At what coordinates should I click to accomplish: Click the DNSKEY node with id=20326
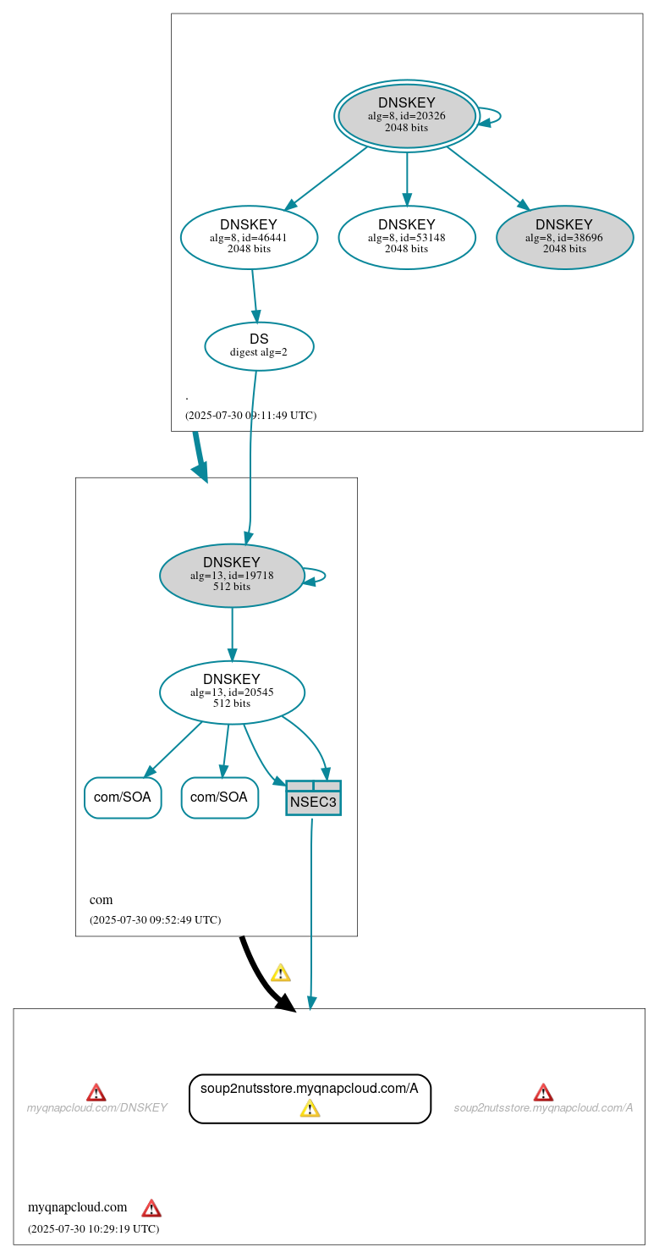point(407,115)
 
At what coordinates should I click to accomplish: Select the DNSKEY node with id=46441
point(249,237)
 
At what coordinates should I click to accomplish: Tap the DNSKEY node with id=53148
point(407,237)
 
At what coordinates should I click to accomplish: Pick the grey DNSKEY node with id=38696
point(564,237)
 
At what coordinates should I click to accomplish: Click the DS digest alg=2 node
point(259,345)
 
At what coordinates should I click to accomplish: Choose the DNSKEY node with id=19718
point(232,575)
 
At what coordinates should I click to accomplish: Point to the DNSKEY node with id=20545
point(232,692)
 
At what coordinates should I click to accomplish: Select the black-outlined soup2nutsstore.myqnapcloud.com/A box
point(310,1089)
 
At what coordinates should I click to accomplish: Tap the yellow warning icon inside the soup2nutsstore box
point(310,1108)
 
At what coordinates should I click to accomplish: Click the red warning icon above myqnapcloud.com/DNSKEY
point(96,1092)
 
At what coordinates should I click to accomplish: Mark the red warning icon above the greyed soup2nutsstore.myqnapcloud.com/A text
point(543,1092)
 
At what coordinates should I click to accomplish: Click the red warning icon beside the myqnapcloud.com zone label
point(151,1208)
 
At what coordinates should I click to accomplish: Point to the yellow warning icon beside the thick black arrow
point(280,973)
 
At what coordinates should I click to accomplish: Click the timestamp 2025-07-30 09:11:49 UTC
point(250,416)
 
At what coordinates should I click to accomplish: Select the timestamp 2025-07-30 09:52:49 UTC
point(155,919)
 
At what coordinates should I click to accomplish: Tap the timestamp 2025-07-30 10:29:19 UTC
point(93,1228)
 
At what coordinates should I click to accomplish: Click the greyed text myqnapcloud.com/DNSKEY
point(96,1108)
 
